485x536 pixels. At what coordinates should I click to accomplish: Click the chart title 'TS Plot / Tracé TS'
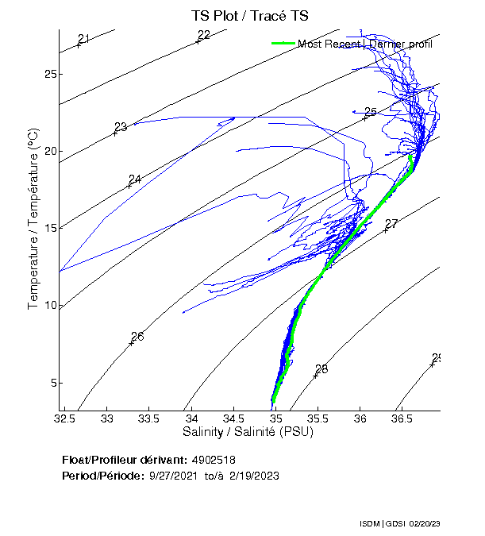(249, 16)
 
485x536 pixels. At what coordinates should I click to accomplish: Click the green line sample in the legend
(283, 44)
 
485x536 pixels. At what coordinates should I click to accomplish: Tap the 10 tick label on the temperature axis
(48, 306)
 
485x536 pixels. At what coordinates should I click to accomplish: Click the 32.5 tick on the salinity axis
(65, 418)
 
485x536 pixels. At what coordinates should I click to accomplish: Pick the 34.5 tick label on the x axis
(233, 418)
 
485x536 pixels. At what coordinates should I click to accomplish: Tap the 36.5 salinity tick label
(402, 418)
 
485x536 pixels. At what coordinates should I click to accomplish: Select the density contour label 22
(204, 35)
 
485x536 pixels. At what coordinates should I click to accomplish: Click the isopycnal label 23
(121, 128)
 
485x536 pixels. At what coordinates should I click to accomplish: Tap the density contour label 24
(135, 179)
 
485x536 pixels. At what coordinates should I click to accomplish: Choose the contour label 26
(137, 337)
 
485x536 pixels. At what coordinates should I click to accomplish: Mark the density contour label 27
(391, 224)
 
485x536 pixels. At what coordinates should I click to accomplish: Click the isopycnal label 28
(321, 369)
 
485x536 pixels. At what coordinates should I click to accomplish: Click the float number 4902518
(214, 460)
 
